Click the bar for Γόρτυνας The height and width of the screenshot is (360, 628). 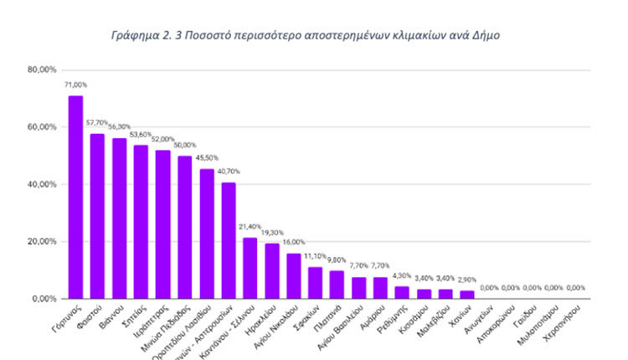pos(75,197)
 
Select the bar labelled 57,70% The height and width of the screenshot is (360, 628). pos(97,216)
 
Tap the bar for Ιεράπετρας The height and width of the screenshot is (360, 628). pos(162,224)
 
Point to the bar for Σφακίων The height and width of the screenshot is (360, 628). pos(315,282)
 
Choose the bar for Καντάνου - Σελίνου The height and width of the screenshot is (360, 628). pos(250,268)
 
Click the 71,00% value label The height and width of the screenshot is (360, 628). pos(75,85)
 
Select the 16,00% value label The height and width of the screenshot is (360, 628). pos(294,243)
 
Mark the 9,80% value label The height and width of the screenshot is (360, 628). pos(337,260)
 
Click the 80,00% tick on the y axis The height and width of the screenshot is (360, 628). pos(42,69)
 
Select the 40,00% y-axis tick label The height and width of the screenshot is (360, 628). pos(42,184)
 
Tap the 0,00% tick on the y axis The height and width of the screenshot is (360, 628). pos(44,299)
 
